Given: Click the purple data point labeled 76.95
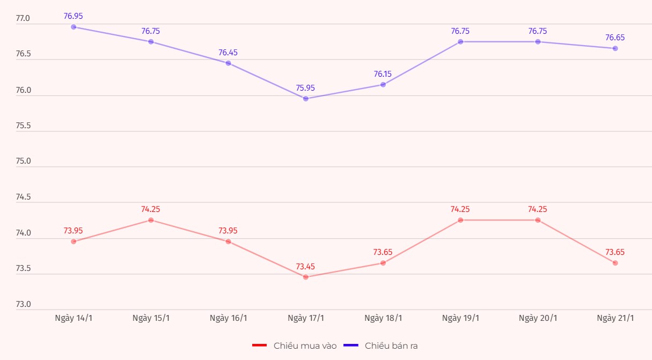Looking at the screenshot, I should (x=74, y=27).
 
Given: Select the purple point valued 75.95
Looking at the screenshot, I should (x=306, y=99).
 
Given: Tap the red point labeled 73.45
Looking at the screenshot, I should (x=306, y=277).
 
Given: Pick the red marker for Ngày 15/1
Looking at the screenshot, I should (x=151, y=220).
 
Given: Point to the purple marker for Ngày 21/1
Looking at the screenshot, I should (x=616, y=48).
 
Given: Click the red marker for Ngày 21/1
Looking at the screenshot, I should (x=616, y=263).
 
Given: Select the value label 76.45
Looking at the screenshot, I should (x=228, y=53).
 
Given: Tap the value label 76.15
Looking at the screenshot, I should (x=383, y=74).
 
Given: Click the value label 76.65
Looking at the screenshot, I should (x=615, y=38).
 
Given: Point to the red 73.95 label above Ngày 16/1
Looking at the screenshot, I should (x=228, y=231).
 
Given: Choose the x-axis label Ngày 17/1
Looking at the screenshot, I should (x=306, y=318).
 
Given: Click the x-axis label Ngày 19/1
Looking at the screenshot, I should (x=460, y=318).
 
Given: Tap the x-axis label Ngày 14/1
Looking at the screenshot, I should (x=74, y=318).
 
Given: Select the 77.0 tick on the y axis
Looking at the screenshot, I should (x=23, y=19).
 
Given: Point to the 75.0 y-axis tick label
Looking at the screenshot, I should (x=23, y=161).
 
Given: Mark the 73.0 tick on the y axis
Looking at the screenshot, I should (x=23, y=304).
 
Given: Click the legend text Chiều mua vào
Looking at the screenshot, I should (x=305, y=346).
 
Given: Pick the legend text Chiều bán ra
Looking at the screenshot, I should (x=391, y=346).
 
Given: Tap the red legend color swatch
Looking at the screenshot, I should (x=259, y=346).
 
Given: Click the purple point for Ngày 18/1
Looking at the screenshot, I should (x=383, y=85).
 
